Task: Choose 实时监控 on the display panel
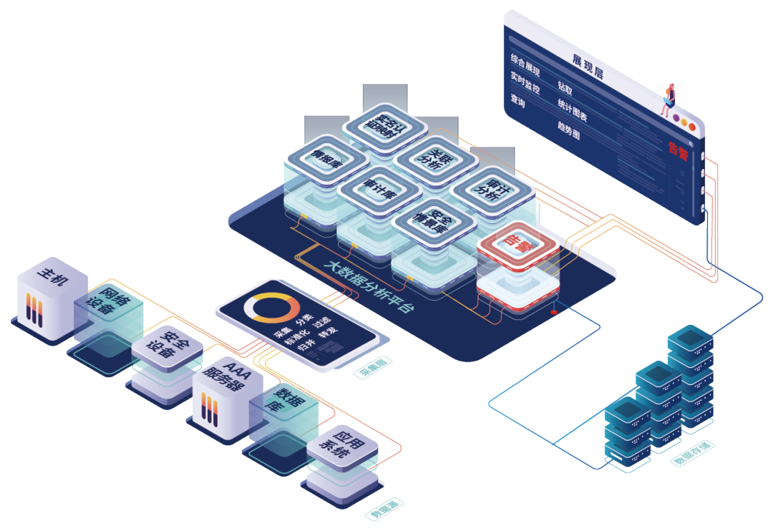tap(525, 83)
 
